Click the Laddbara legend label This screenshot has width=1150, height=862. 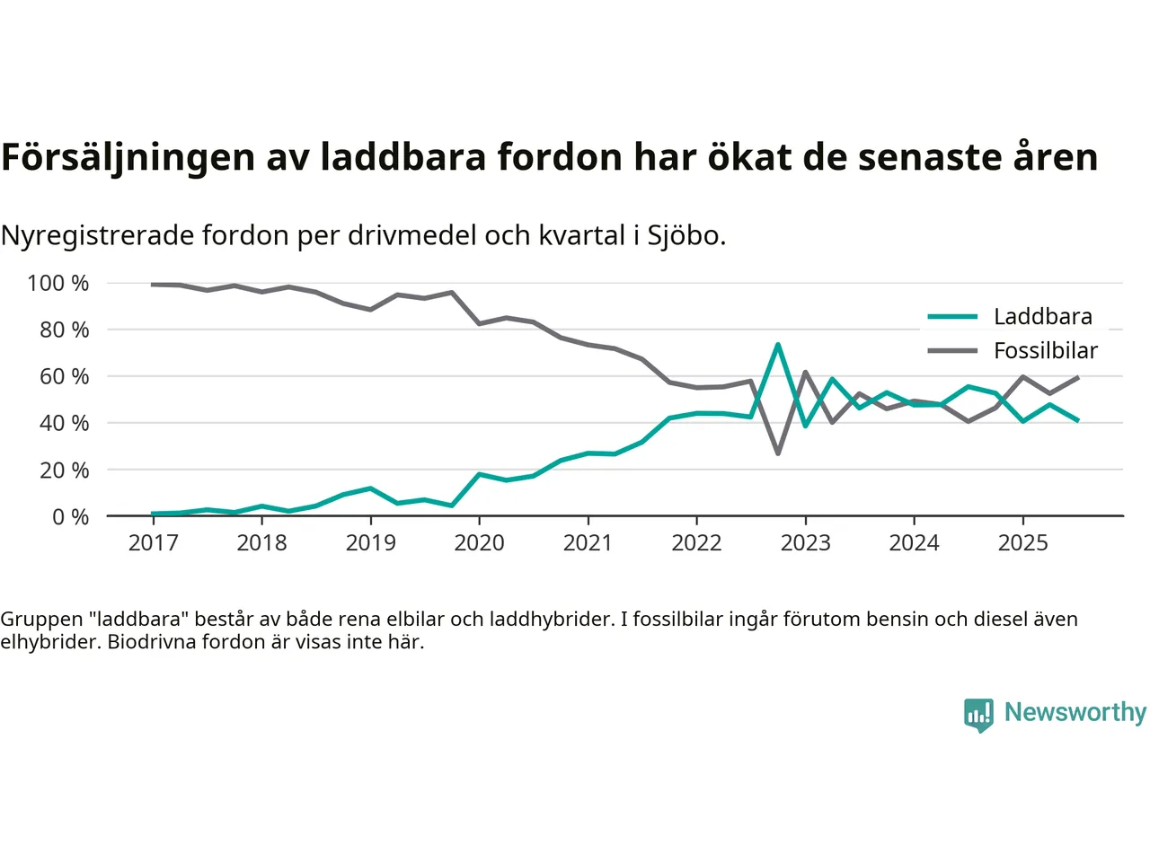tap(1042, 317)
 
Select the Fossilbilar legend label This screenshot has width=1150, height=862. tap(1045, 351)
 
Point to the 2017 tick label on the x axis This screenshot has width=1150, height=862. tap(153, 543)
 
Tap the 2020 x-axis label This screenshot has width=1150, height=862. tap(479, 543)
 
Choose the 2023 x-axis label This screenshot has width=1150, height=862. tap(805, 543)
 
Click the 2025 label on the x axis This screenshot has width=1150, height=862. tap(1022, 543)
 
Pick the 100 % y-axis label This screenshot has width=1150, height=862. tap(58, 284)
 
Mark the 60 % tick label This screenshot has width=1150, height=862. tap(64, 377)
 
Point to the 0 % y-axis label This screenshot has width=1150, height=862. tap(70, 517)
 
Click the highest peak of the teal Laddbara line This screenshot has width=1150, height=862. tap(777, 345)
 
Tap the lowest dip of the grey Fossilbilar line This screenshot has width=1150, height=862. tap(778, 453)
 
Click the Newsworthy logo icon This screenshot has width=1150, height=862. tap(978, 715)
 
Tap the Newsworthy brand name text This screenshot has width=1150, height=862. tap(1075, 712)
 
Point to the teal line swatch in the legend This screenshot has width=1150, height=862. tap(952, 317)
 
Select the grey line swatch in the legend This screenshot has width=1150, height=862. tap(952, 351)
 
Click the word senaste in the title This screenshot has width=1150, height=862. tap(924, 158)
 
